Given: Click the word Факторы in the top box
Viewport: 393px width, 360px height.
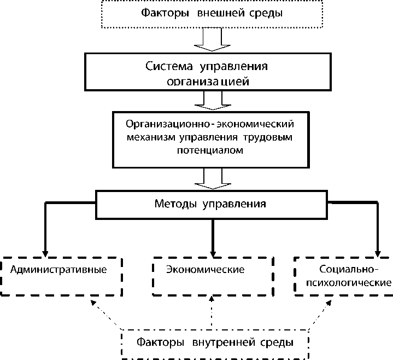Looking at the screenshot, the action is coord(165,13).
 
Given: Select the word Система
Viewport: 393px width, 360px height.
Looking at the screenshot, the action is coord(169,66).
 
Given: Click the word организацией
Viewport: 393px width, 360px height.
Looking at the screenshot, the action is coord(208,82).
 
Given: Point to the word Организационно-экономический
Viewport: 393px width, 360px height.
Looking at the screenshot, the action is coord(210,124).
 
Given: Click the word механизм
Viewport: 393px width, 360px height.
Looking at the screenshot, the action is coord(151,137).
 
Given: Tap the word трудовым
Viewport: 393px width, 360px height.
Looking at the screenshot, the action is coord(268,137).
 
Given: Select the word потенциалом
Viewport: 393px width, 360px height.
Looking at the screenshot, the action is coord(210,150).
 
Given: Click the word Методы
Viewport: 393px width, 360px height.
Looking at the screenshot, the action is coord(175,204).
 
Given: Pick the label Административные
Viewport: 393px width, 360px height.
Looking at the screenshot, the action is coord(58,270).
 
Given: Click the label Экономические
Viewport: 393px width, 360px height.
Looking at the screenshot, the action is coord(206,269).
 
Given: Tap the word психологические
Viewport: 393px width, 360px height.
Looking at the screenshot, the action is coord(349,283).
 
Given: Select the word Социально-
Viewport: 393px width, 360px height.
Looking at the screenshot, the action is coord(349,269).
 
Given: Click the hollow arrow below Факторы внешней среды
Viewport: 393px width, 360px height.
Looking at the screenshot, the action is coord(212,39).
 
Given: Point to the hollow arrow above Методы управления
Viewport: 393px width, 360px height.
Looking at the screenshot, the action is coord(213,178).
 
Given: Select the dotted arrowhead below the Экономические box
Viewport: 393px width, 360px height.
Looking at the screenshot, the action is coord(212,299).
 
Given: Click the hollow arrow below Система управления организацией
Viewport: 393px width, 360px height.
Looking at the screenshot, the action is coord(213,100).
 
